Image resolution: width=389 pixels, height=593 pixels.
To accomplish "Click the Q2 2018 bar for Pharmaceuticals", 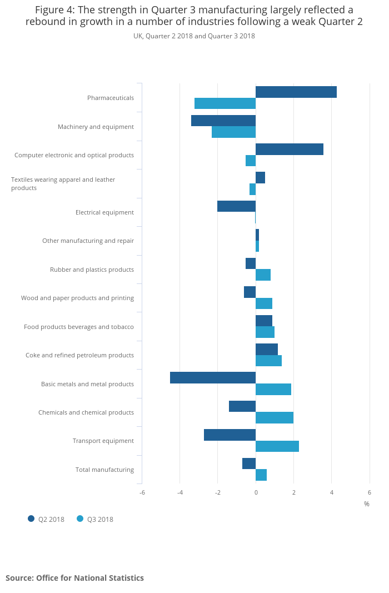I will (x=296, y=92).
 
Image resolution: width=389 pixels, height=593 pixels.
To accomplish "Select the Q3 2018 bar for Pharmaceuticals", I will (x=225, y=103).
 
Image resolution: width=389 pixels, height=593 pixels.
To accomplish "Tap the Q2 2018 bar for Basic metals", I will (x=213, y=378).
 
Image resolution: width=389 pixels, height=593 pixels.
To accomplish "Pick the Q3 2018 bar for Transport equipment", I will (x=277, y=446).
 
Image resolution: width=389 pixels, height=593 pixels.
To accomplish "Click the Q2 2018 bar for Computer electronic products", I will (x=290, y=149).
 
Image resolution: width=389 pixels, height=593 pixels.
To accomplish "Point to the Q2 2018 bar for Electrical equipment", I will (x=236, y=206).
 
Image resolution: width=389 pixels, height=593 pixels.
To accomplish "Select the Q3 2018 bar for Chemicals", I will (x=275, y=418).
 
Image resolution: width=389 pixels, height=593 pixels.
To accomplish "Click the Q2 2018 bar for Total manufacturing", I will (x=249, y=464).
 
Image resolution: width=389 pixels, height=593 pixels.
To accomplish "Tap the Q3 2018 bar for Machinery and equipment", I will (x=233, y=132).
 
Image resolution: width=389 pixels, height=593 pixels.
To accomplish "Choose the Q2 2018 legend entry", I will (x=46, y=520).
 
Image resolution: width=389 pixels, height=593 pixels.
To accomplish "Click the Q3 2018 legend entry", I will (x=95, y=520).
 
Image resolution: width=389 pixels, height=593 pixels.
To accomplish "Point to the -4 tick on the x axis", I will (x=180, y=492).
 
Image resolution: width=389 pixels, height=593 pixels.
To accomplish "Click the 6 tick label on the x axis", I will (x=370, y=492).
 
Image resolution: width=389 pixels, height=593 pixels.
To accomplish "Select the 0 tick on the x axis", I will (x=256, y=492).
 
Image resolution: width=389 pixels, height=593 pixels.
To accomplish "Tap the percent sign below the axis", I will (x=367, y=504).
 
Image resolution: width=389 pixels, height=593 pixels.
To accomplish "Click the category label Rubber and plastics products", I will (x=92, y=270).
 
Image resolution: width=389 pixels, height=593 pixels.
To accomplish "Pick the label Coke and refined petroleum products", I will (x=79, y=355).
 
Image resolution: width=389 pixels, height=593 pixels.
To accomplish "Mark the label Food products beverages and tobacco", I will (x=79, y=327).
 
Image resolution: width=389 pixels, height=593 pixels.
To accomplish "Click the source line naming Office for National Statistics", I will (x=74, y=578).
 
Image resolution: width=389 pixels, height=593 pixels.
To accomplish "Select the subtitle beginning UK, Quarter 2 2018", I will (x=194, y=36).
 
